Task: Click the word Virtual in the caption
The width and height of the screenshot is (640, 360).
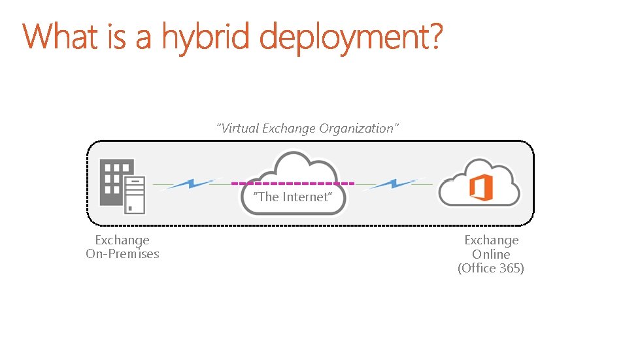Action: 239,128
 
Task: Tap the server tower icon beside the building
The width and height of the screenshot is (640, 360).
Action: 135,194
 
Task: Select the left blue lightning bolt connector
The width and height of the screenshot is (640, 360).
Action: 190,184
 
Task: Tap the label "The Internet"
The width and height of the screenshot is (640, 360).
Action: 293,197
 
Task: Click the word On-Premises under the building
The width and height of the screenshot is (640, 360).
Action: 122,254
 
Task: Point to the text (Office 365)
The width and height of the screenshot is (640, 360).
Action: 491,268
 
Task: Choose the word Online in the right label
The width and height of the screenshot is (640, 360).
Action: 491,254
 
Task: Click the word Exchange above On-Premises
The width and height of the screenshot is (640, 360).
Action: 122,240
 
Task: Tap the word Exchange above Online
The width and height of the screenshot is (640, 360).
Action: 491,240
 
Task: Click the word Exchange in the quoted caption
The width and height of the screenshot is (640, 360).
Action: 289,128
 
